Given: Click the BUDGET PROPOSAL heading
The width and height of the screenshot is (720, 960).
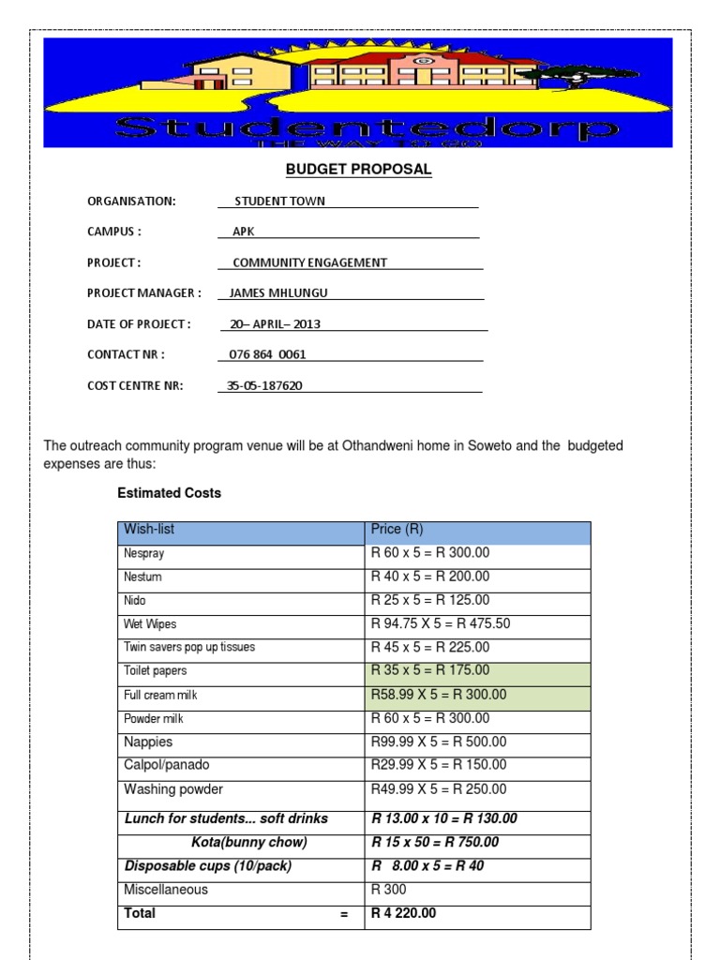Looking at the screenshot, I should coord(358,170).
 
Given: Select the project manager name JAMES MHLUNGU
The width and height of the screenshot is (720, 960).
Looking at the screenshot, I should coord(278,292).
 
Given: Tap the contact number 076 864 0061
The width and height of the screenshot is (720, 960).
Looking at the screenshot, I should coord(267,354).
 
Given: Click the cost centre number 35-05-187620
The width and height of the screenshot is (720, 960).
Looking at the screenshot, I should coord(265,385).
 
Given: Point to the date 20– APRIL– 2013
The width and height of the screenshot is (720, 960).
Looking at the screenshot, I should coord(274,324).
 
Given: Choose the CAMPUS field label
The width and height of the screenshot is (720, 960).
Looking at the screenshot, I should coord(114,232).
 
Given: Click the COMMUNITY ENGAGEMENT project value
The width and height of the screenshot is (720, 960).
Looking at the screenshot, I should coord(309,262).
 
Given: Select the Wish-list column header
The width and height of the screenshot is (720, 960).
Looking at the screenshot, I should coord(149,530).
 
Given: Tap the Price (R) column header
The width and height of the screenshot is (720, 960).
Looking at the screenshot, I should coord(397,530).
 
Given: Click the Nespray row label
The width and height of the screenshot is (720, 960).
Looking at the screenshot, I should coord(143,554).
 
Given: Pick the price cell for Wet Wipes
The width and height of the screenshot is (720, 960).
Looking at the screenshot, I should coord(441,624).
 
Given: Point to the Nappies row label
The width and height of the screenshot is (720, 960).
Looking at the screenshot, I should coord(148,742).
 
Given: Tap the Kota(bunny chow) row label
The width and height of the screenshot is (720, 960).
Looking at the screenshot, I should coord(248,842).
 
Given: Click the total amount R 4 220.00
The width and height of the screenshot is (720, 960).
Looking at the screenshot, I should coord(404,913).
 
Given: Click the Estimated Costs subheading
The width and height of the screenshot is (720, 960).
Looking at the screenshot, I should coord(169,493).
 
